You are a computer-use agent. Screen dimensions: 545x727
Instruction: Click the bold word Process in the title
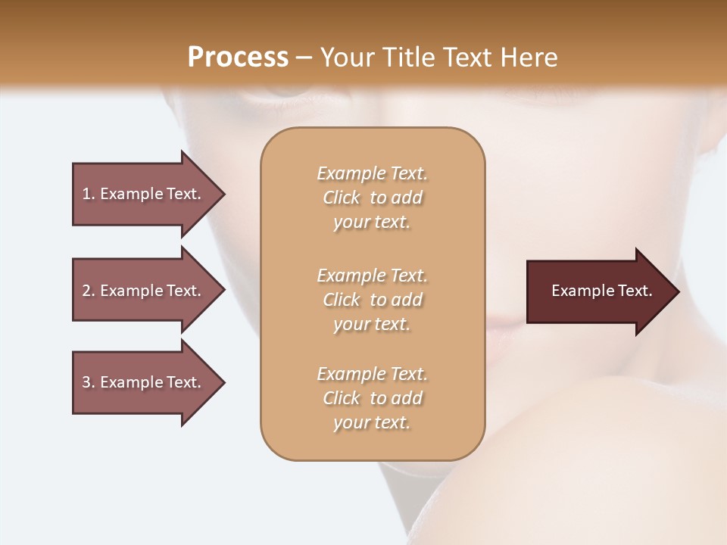(238, 58)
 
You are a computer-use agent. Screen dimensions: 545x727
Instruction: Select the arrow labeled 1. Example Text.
(144, 194)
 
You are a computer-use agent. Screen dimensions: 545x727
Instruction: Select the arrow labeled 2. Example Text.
(144, 291)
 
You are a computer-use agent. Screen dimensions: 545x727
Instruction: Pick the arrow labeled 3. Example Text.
(144, 382)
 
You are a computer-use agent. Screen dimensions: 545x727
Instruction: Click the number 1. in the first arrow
(89, 194)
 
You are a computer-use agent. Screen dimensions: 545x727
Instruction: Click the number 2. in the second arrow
(89, 291)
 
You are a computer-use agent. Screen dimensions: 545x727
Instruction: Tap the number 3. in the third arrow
(89, 382)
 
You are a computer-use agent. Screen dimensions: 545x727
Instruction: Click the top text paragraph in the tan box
(372, 198)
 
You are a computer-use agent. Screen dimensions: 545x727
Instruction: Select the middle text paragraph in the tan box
(372, 299)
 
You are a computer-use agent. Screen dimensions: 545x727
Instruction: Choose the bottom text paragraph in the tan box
(372, 398)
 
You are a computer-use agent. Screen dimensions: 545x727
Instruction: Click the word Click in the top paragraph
(342, 198)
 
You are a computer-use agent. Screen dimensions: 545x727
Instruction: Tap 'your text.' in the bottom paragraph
(372, 423)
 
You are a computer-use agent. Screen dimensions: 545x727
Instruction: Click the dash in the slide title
(304, 58)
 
